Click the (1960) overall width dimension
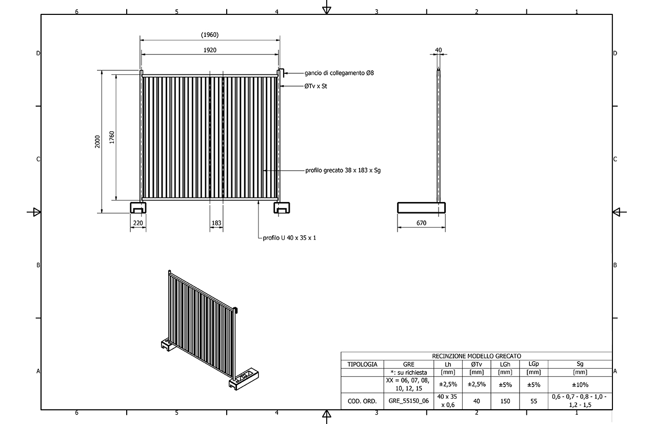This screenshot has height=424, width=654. click(210, 35)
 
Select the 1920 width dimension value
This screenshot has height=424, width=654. click(210, 50)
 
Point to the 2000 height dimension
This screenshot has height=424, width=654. click(97, 142)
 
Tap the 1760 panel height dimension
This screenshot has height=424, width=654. click(112, 137)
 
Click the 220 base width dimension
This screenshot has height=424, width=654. click(138, 223)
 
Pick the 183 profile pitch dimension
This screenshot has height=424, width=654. click(216, 223)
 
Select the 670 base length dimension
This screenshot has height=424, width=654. click(421, 223)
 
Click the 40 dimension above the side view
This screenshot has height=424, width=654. click(438, 50)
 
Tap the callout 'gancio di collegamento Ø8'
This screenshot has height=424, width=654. click(339, 73)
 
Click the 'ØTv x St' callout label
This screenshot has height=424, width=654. click(315, 86)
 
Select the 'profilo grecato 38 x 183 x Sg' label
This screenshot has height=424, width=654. click(343, 170)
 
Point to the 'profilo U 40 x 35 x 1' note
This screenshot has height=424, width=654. click(289, 238)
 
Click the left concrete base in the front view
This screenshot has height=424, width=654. click(138, 208)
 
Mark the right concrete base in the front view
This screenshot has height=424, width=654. click(282, 208)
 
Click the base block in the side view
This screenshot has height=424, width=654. click(421, 208)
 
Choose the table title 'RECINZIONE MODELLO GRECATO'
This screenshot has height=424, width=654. click(477, 356)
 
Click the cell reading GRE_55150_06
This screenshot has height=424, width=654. click(408, 401)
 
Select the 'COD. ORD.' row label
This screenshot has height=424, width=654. click(362, 401)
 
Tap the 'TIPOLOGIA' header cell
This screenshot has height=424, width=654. click(362, 364)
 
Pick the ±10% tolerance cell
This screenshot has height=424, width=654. click(580, 385)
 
